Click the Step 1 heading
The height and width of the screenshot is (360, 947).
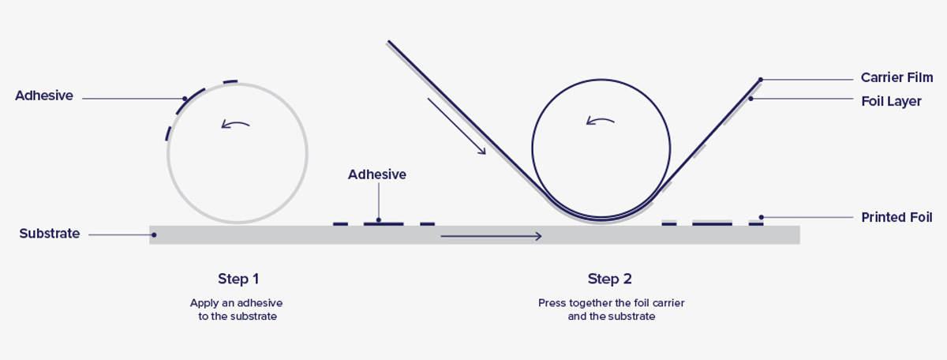pyautogui.click(x=238, y=279)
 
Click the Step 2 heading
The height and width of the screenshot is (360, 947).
pyautogui.click(x=609, y=279)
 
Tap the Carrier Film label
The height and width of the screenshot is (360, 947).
pyautogui.click(x=896, y=77)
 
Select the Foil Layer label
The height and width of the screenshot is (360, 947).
pyautogui.click(x=892, y=101)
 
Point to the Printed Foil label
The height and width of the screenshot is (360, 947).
pyautogui.click(x=896, y=216)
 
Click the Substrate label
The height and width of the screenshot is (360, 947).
pyautogui.click(x=50, y=234)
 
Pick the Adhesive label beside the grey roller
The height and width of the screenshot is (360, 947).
pyautogui.click(x=44, y=96)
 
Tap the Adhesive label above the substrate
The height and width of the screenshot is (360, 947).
pyautogui.click(x=377, y=174)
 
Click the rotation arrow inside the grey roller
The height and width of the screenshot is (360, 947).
pyautogui.click(x=235, y=123)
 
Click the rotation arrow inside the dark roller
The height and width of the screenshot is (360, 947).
pyautogui.click(x=599, y=121)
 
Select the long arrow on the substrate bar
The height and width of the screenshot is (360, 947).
pyautogui.click(x=491, y=236)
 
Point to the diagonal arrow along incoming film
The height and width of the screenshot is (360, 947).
pyautogui.click(x=457, y=126)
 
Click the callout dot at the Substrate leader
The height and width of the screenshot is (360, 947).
pyautogui.click(x=154, y=234)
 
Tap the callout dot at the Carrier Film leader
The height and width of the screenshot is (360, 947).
pyautogui.click(x=761, y=80)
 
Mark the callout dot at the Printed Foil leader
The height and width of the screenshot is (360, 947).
pyautogui.click(x=762, y=217)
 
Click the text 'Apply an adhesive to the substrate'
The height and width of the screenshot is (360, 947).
pyautogui.click(x=236, y=309)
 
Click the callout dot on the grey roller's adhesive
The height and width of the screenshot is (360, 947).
pyautogui.click(x=184, y=99)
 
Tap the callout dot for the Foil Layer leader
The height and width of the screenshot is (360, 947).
pyautogui.click(x=750, y=99)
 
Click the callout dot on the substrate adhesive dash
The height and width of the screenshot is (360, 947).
pyautogui.click(x=379, y=220)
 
